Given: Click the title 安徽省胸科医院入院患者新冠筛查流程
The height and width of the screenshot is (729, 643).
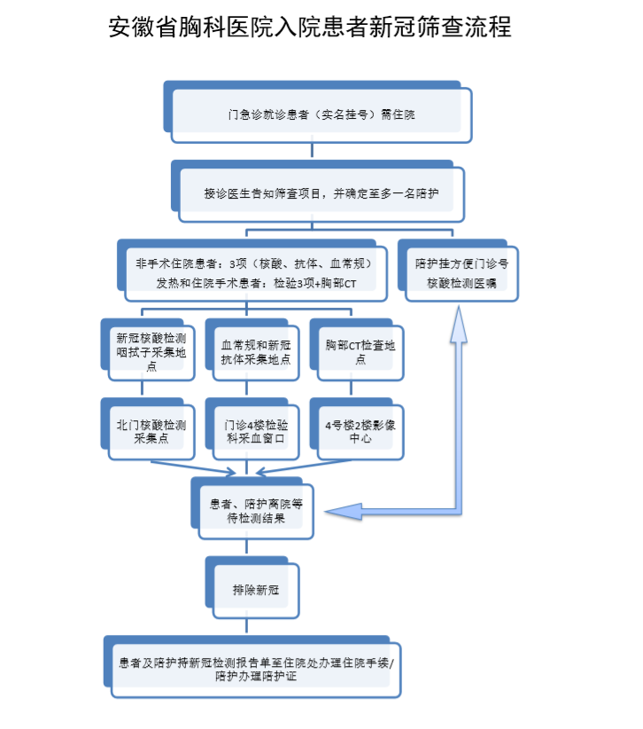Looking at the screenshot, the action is [x=310, y=27].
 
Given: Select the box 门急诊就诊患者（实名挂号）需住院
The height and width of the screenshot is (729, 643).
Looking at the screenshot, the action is [x=318, y=112].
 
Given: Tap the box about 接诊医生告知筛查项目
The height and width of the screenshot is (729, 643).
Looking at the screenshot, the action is [x=318, y=191].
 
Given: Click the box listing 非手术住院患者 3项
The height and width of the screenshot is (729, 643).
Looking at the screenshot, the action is [x=252, y=270].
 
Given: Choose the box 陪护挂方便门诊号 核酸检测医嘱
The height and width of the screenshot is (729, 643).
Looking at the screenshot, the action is [x=458, y=270].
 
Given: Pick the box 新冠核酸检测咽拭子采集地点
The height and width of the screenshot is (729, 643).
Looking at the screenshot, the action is [x=148, y=349].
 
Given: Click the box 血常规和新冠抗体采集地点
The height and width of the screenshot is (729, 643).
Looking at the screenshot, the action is [x=252, y=349].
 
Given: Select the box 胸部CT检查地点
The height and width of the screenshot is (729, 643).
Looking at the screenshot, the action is [x=357, y=349].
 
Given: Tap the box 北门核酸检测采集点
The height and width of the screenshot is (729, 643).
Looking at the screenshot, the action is [x=148, y=429].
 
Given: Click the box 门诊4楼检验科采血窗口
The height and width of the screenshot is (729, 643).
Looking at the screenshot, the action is [x=252, y=429].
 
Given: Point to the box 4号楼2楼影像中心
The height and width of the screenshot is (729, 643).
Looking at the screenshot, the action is [x=357, y=429].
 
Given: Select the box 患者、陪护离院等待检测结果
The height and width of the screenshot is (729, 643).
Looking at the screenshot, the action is [x=252, y=508].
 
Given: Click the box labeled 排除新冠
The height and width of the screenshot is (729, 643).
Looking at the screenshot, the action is [x=252, y=588].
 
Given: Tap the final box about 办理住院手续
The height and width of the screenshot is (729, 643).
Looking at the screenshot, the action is [x=252, y=667].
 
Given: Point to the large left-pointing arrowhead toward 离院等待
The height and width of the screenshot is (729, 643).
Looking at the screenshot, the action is [x=344, y=512].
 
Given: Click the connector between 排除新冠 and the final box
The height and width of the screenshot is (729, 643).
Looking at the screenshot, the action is [x=246, y=626].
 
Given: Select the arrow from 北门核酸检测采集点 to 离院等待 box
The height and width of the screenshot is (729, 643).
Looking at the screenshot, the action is [x=194, y=467].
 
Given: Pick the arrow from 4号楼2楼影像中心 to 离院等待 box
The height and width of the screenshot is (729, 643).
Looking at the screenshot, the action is [x=304, y=467].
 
